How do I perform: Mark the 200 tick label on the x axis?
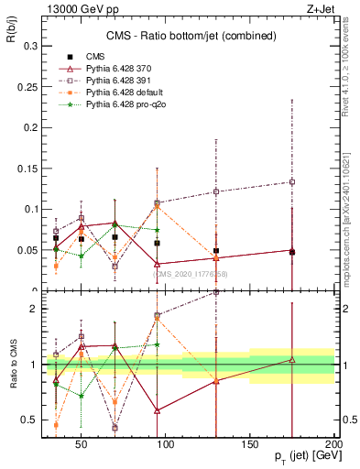334,444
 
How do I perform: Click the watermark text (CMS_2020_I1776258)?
191,273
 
